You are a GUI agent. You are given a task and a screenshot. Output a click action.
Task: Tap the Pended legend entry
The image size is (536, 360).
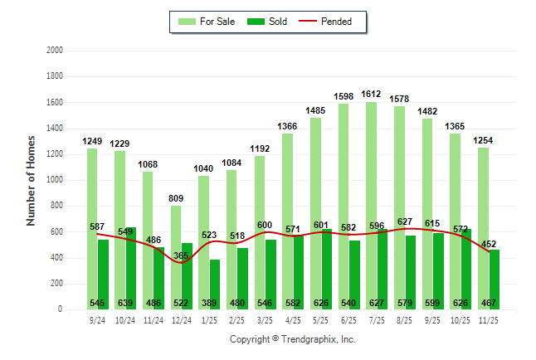(x=332, y=22)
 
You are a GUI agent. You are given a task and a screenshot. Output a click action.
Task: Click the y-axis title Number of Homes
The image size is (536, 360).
(x=31, y=180)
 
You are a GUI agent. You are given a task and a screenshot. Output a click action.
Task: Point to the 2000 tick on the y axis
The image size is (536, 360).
(x=54, y=51)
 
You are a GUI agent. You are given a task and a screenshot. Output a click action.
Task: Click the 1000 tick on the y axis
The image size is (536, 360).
(x=54, y=180)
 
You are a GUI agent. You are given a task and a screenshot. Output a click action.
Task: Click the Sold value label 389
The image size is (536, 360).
(x=209, y=304)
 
